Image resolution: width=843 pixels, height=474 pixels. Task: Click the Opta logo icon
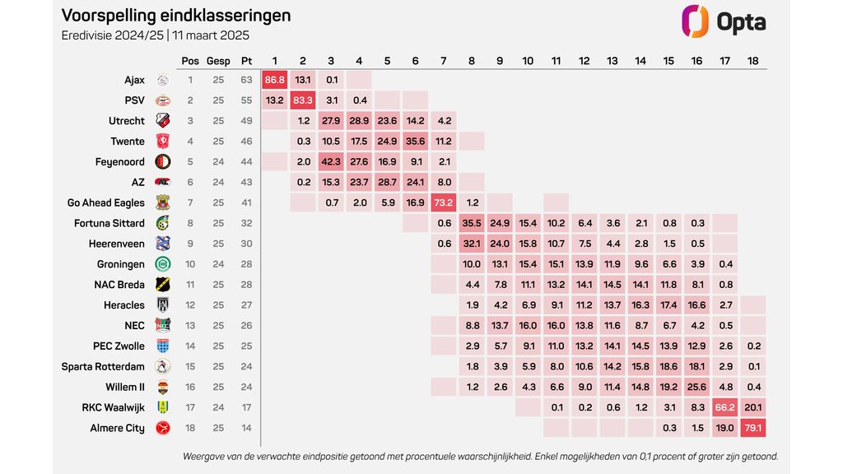tap(695, 21)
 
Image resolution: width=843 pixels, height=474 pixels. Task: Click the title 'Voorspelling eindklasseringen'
tap(176, 16)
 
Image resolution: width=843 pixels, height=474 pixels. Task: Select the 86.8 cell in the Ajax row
tap(275, 80)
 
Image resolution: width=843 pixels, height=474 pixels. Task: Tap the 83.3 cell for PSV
tap(303, 100)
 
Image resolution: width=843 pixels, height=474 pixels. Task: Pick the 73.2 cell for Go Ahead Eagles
tap(444, 202)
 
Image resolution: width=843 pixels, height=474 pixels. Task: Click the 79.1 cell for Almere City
tap(753, 428)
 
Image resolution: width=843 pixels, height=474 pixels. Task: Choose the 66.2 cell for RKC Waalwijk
tap(725, 407)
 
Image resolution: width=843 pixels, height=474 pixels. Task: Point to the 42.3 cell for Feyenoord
tap(331, 162)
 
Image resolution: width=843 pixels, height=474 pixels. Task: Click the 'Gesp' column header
tap(218, 61)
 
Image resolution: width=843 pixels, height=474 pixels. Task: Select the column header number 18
tap(753, 61)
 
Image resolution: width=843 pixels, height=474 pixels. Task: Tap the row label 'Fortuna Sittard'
tap(109, 223)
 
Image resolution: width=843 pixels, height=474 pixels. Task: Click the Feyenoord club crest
tap(162, 162)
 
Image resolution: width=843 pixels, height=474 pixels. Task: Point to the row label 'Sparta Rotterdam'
tap(103, 366)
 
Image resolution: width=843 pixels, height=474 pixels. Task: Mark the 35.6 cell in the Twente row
tap(416, 142)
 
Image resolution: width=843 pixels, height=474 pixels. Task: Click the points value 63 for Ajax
tap(246, 80)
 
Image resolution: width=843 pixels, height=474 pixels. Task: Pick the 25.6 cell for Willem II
tap(697, 387)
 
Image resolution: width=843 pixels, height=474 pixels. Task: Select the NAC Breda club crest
tap(162, 285)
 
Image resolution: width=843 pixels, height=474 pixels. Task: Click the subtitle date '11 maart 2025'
tap(211, 35)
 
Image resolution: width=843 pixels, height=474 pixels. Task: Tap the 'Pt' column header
tap(246, 61)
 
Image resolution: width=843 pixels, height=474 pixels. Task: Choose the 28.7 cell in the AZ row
tap(388, 182)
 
